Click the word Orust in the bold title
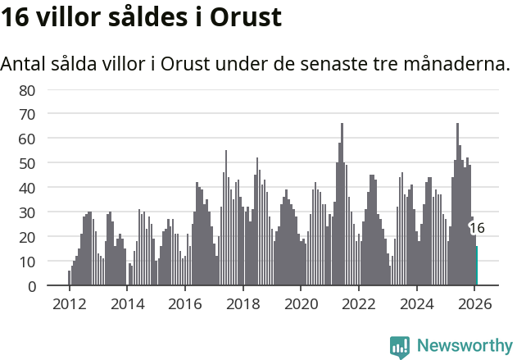[x=246, y=18]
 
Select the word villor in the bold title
[x=64, y=18]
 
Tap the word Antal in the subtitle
[x=24, y=64]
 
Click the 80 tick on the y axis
[x=27, y=89]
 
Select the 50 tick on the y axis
[x=27, y=163]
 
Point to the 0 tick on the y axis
[x=31, y=286]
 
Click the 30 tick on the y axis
[x=27, y=212]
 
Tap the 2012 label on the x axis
[x=69, y=303]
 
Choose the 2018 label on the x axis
[x=243, y=303]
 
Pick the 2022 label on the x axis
[x=358, y=303]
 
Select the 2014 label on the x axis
[x=127, y=303]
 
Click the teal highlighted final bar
[x=477, y=267]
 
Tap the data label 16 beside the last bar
[x=477, y=228]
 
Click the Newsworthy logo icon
[x=400, y=347]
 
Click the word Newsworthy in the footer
[x=465, y=346]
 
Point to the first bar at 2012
[x=69, y=279]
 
